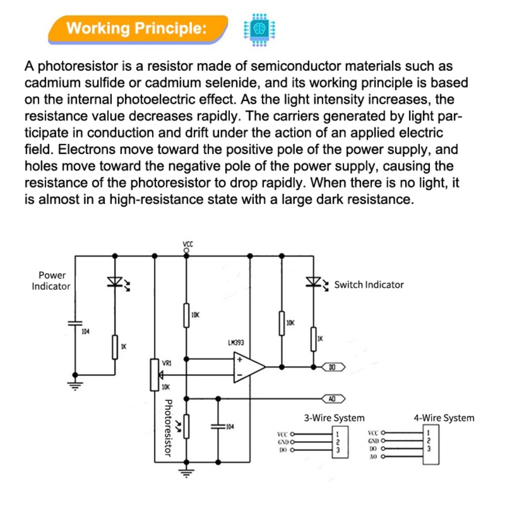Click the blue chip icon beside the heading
click(x=259, y=30)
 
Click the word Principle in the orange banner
click(x=170, y=28)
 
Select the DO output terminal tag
click(x=333, y=367)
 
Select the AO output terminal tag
click(x=333, y=399)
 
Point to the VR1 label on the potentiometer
click(x=167, y=363)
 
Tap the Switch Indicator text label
click(x=369, y=285)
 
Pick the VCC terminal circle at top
click(x=187, y=251)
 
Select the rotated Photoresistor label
click(x=168, y=428)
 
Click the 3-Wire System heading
click(x=334, y=418)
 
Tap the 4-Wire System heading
click(x=444, y=418)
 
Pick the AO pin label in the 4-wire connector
click(x=373, y=456)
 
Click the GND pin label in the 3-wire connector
click(x=283, y=442)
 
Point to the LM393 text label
click(x=236, y=342)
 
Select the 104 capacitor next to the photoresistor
click(x=218, y=426)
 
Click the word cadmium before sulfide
click(x=52, y=83)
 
